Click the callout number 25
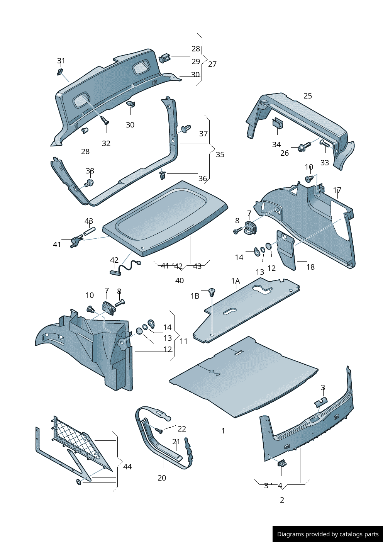[x=307, y=96]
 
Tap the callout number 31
[x=61, y=61]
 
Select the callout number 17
[x=337, y=190]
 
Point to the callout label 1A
[x=236, y=281]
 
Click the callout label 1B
[x=195, y=296]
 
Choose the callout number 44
[x=127, y=467]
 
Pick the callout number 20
[x=162, y=478]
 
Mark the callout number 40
[x=180, y=280]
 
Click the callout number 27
[x=212, y=64]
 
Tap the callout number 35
[x=220, y=155]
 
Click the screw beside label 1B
[x=212, y=292]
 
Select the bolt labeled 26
[x=305, y=147]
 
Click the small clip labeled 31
[x=60, y=72]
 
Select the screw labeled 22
[x=158, y=430]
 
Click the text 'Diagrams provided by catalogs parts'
[x=328, y=534]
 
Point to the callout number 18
[x=310, y=267]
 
